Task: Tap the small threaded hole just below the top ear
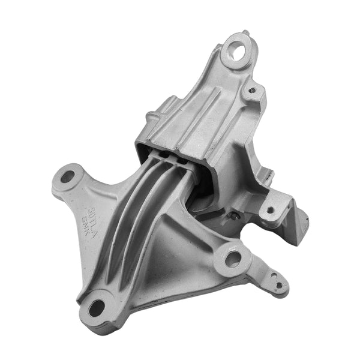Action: tap(253, 91)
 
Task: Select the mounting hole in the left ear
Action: tap(67, 177)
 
